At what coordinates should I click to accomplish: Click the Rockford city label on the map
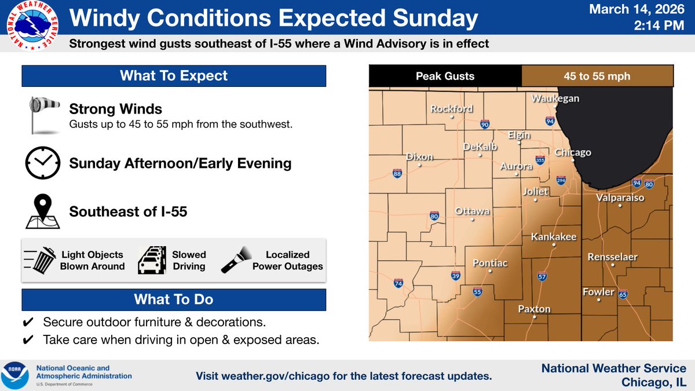click(x=451, y=109)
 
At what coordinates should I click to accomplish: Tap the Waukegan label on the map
click(x=555, y=99)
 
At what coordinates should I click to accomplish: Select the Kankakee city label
click(x=554, y=237)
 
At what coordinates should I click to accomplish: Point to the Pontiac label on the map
click(x=490, y=264)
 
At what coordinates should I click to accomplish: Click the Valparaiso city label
click(x=620, y=198)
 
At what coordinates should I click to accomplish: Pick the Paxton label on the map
click(x=534, y=309)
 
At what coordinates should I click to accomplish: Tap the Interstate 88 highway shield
click(x=397, y=173)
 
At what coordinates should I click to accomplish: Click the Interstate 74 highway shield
click(x=398, y=283)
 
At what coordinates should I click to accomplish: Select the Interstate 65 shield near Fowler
click(x=623, y=294)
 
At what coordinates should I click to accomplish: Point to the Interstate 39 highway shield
click(x=456, y=276)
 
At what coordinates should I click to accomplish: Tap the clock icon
click(x=42, y=163)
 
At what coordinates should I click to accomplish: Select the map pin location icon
click(x=42, y=211)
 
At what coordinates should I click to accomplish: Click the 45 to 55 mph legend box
click(x=597, y=76)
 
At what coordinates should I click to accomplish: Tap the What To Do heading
click(x=174, y=299)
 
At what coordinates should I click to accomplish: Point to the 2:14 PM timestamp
click(x=661, y=27)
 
